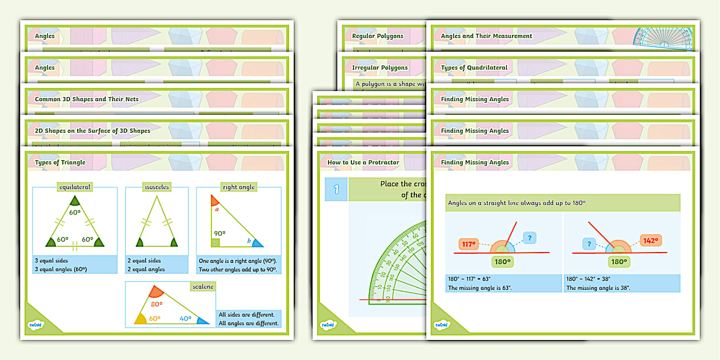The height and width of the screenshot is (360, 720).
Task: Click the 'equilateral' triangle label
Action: click(x=75, y=187)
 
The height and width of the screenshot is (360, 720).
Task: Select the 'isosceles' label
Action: click(x=157, y=187)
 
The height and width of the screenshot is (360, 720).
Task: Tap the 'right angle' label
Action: click(x=238, y=187)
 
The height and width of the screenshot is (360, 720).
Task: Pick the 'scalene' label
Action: click(x=202, y=286)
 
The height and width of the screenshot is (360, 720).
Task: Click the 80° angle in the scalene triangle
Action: click(x=156, y=305)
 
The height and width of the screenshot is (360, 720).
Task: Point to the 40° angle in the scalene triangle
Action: click(x=186, y=319)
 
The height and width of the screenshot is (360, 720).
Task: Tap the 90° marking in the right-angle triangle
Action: click(x=219, y=234)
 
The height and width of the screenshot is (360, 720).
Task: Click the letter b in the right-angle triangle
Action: click(x=249, y=241)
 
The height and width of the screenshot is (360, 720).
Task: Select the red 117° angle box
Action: click(x=469, y=245)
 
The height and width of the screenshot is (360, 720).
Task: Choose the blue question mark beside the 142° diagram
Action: click(x=587, y=244)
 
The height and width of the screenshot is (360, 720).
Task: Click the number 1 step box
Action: click(x=336, y=189)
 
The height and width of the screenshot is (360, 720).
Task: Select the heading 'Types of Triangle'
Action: click(x=60, y=162)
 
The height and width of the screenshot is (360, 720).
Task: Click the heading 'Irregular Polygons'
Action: click(x=380, y=67)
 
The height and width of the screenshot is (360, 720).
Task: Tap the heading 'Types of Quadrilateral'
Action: click(x=474, y=67)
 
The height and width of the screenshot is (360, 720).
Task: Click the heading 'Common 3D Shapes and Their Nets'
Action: click(x=87, y=99)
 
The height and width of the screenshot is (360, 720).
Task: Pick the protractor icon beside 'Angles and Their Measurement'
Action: click(x=663, y=38)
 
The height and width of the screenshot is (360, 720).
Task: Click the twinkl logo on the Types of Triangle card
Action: click(x=36, y=325)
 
